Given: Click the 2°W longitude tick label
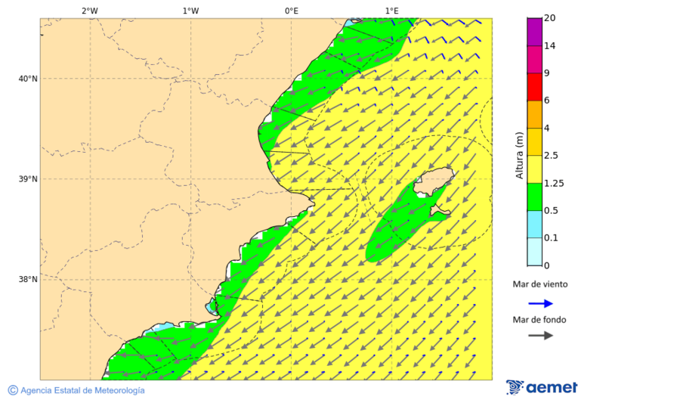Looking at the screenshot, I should click(x=89, y=11).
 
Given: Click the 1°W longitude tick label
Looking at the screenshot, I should click(x=190, y=11).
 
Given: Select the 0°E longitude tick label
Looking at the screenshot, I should click(x=291, y=11).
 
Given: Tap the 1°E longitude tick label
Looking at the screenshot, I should click(x=391, y=11).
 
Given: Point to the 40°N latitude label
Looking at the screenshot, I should click(x=28, y=79).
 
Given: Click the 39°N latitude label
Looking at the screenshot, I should click(x=28, y=179).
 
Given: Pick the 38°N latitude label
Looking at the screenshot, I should click(x=28, y=280).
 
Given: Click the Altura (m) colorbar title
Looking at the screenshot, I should click(x=519, y=156).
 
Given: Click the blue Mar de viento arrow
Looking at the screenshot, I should click(x=540, y=304).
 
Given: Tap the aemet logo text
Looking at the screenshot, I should click(x=552, y=388).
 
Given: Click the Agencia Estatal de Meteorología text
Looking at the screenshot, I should click(x=82, y=391).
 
